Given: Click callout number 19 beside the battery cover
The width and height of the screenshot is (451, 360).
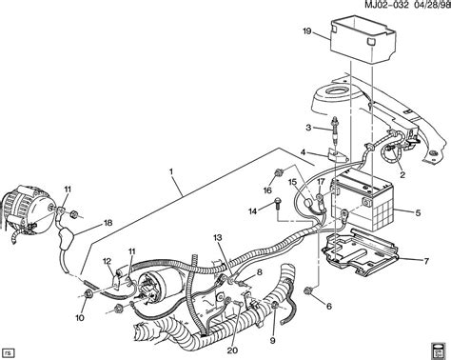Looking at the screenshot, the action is point(307,31).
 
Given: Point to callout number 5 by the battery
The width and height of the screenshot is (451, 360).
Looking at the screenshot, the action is point(418,212).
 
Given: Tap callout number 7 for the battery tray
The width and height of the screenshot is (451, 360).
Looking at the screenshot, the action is point(426,261).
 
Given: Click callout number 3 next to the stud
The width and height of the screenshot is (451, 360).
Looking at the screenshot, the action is point(308,128).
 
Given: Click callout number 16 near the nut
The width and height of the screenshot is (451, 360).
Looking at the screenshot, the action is point(267,190).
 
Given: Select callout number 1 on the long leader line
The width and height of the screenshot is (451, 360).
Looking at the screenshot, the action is point(170,171).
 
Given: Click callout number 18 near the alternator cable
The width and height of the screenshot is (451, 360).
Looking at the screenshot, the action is point(108,223).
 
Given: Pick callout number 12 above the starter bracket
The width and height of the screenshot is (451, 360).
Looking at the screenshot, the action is point(108,261).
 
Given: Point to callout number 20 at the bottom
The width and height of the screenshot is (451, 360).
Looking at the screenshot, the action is point(232,350).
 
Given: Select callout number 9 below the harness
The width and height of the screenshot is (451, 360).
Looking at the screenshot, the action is point(272,341).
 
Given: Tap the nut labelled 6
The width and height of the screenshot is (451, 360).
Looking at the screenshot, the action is point(307,290).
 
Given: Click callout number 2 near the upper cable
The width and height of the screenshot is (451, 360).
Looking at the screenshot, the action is point(402,174).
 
